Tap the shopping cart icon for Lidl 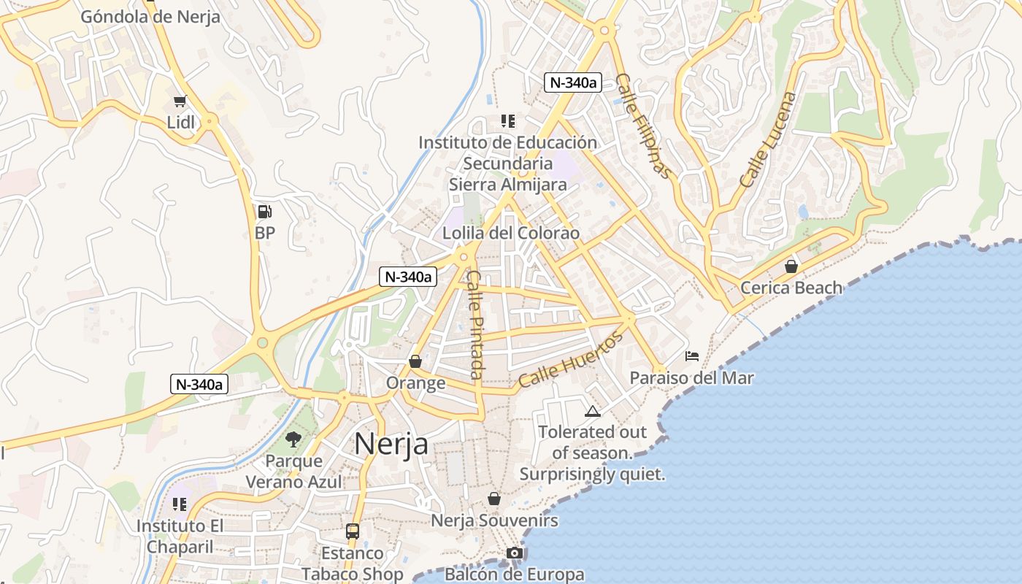180,101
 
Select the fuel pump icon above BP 265,212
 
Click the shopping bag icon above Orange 415,361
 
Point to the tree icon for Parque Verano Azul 293,439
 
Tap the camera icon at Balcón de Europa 515,553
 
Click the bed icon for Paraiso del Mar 692,356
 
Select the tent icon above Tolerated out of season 592,412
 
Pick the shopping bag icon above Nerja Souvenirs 494,499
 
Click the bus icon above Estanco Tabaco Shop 353,531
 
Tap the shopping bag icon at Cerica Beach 791,266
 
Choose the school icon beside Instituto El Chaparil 180,504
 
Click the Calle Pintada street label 475,324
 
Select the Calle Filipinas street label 642,126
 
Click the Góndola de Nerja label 150,17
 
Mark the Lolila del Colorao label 511,234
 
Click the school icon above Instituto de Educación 508,121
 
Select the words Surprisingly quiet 592,474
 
